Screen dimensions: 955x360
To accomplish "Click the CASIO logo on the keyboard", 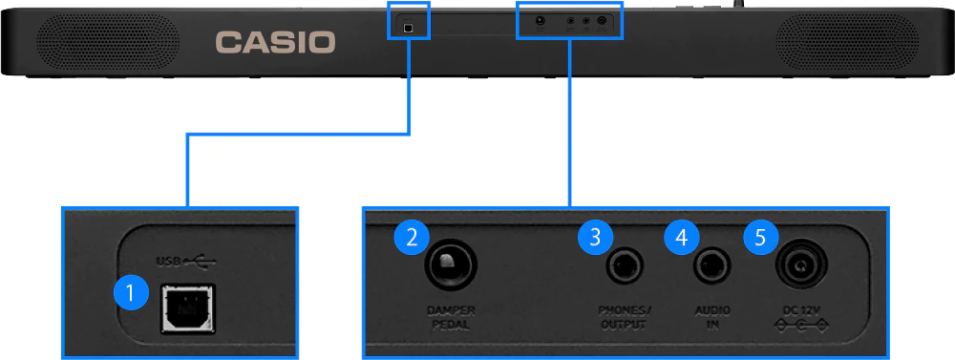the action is pyautogui.click(x=275, y=43).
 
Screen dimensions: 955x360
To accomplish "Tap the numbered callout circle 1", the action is pyautogui.click(x=131, y=294).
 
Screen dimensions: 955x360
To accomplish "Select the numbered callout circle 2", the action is pyautogui.click(x=412, y=237).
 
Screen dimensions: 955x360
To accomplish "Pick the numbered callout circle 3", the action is pyautogui.click(x=595, y=237).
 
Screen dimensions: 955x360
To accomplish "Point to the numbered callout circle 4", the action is pyautogui.click(x=682, y=237).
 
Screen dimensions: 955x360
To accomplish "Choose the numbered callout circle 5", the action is pyautogui.click(x=760, y=237).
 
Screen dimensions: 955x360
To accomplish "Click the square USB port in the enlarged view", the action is pyautogui.click(x=187, y=308).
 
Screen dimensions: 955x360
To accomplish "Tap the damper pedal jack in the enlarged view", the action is pyautogui.click(x=451, y=265).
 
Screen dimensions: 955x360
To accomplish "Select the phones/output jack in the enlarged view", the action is pyautogui.click(x=625, y=266).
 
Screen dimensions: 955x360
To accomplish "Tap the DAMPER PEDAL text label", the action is pyautogui.click(x=452, y=317).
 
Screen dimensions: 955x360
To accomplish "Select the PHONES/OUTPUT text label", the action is pyautogui.click(x=624, y=317).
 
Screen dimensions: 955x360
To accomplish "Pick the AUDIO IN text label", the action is pyautogui.click(x=712, y=317).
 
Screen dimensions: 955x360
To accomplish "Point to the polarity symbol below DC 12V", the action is pyautogui.click(x=801, y=328).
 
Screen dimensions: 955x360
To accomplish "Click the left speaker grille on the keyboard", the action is pyautogui.click(x=108, y=43).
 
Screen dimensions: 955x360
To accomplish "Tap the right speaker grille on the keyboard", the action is pyautogui.click(x=846, y=43).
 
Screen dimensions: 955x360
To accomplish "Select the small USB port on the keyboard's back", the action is pyautogui.click(x=409, y=28).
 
